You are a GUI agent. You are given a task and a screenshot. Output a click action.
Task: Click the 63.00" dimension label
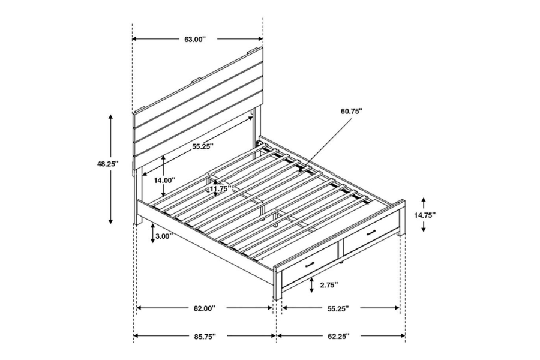click(196, 39)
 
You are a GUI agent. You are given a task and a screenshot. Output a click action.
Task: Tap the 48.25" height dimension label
click(109, 163)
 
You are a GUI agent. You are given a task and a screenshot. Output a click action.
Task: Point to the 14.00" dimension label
click(164, 180)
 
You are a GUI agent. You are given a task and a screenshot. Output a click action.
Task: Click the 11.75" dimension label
click(220, 190)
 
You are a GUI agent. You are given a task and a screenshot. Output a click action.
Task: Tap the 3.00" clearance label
click(163, 236)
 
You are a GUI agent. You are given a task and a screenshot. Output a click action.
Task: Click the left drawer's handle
click(310, 265)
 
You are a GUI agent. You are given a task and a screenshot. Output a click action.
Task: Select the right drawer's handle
click(371, 232)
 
